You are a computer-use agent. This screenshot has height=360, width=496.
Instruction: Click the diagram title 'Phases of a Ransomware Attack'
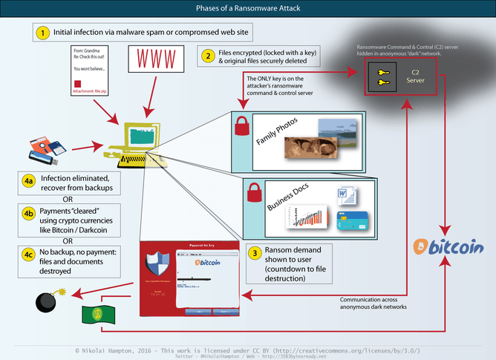(248, 8)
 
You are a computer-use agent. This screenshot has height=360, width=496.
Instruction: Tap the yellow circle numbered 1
(43, 33)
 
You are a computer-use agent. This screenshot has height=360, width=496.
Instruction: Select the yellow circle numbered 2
(209, 55)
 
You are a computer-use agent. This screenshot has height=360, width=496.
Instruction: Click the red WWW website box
(154, 59)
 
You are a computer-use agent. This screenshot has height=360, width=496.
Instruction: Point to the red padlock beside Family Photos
(241, 125)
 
